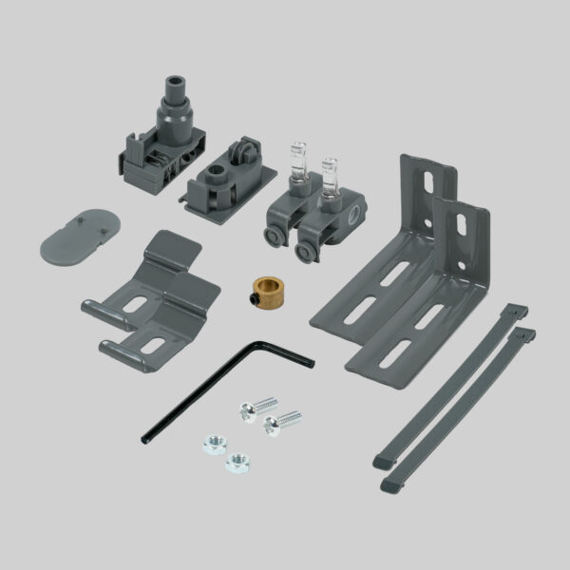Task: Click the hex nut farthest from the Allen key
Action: click(238, 463)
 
